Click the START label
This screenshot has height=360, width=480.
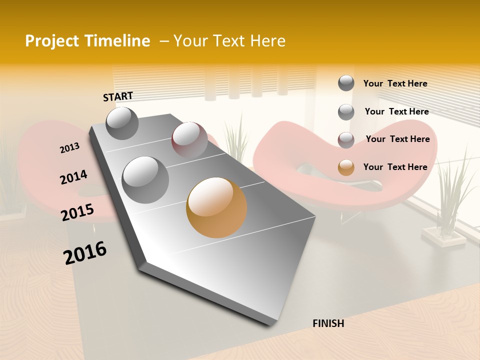(x=118, y=96)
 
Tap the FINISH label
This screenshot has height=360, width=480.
(x=328, y=323)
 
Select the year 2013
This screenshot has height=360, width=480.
(x=69, y=148)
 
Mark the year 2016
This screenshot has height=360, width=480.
(x=85, y=253)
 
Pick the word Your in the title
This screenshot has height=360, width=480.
(x=190, y=41)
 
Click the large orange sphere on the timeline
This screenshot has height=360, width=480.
(x=216, y=207)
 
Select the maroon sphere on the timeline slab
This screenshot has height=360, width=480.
(x=189, y=139)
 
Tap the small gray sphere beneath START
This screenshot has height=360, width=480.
(x=122, y=123)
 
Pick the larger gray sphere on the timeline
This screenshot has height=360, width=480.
(x=145, y=179)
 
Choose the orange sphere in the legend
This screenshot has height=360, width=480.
(x=346, y=167)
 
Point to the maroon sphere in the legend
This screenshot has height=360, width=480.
(x=346, y=140)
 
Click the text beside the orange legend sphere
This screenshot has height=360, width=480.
(x=395, y=167)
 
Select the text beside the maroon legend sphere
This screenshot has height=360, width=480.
(x=397, y=139)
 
